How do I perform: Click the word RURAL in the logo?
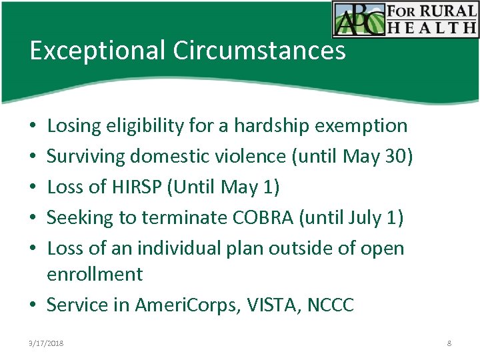pyautogui.click(x=447, y=11)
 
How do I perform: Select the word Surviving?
pyautogui.click(x=87, y=156)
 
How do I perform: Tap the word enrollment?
pyautogui.click(x=95, y=274)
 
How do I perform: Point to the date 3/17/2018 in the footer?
pyautogui.click(x=47, y=343)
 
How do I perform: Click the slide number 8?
pyautogui.click(x=449, y=343)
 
